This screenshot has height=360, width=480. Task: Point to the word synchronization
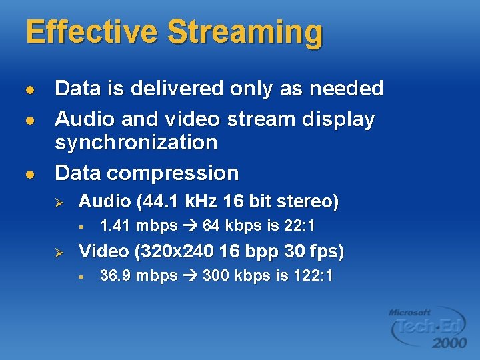pos(136,142)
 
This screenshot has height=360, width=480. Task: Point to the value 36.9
pos(113,275)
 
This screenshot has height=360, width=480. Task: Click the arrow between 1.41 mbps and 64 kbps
pos(190,225)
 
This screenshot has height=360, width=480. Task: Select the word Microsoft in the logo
pos(410,311)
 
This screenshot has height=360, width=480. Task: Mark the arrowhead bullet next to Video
pos(58,252)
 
